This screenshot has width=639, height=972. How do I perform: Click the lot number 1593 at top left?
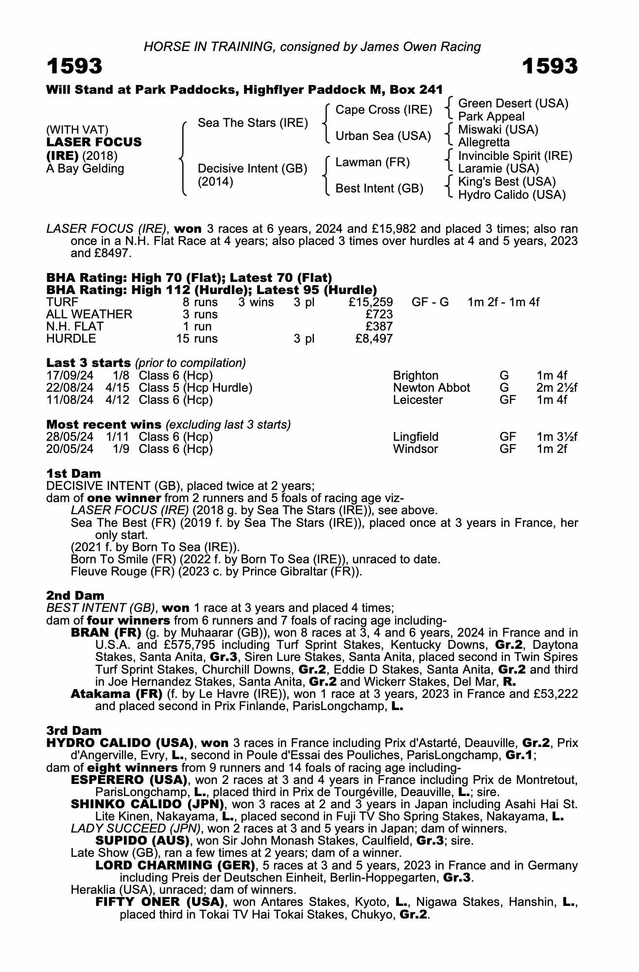[x=74, y=66]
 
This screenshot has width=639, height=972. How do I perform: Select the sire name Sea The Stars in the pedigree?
[x=253, y=123]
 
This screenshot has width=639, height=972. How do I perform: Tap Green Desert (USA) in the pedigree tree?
[x=513, y=104]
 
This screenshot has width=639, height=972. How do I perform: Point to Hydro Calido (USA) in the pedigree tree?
[x=512, y=195]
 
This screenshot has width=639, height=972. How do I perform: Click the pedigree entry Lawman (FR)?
[x=373, y=162]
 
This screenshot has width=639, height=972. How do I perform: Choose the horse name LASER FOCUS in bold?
[x=94, y=142]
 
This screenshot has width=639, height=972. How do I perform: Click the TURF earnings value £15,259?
[x=371, y=302]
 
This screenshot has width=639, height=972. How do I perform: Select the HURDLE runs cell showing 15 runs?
[x=197, y=339]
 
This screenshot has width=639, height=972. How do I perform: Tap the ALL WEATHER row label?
[x=89, y=314]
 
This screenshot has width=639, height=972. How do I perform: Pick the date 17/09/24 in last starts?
[x=69, y=376]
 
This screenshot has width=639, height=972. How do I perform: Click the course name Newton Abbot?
[x=431, y=388]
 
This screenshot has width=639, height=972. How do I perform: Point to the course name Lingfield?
[x=415, y=437]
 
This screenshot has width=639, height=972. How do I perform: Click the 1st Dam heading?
[x=74, y=473]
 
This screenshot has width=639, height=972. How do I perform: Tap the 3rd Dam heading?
[x=74, y=730]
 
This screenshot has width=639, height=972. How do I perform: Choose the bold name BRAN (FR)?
[x=105, y=633]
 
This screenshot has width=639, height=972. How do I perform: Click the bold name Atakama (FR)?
[x=116, y=694]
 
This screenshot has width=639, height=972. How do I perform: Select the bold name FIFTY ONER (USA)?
[x=160, y=902]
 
